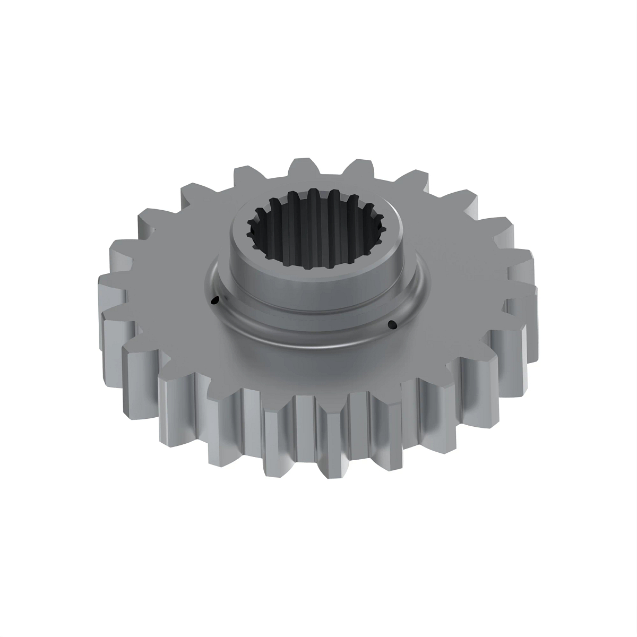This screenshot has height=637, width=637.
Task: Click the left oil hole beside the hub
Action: [x=214, y=302]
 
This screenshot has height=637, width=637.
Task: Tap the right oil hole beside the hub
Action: [x=392, y=324]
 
